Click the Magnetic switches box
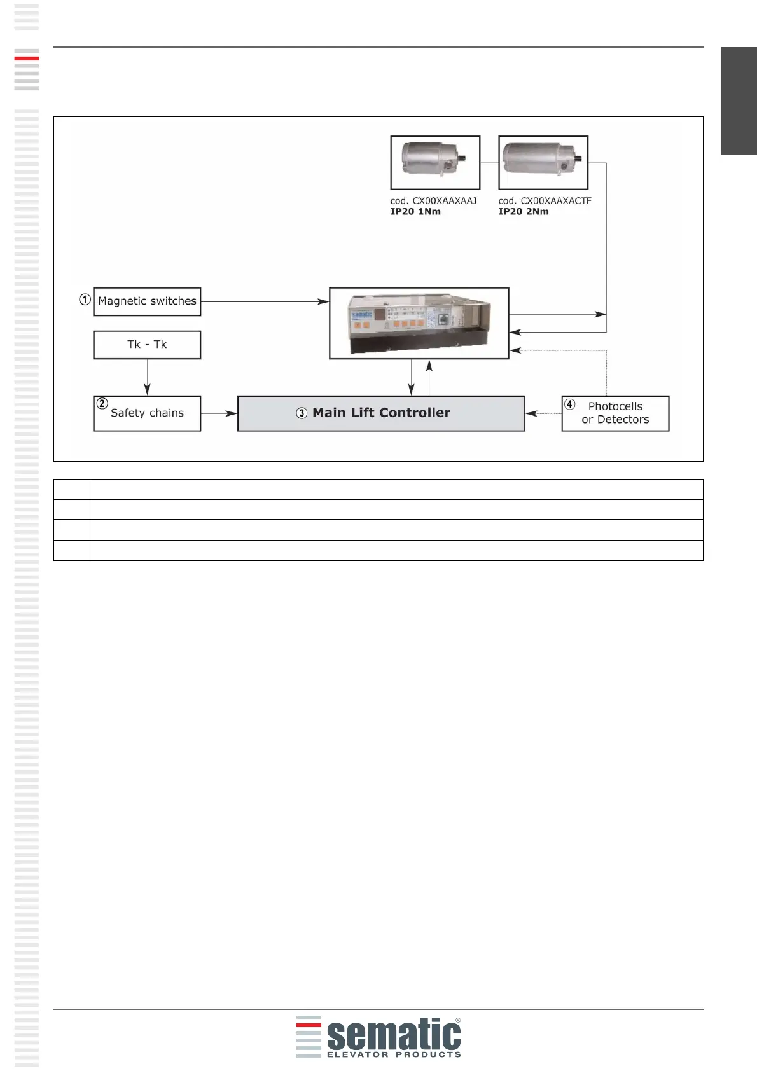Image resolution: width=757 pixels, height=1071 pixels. click(147, 301)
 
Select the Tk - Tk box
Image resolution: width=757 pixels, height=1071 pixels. click(147, 345)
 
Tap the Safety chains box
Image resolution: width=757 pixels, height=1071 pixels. click(147, 413)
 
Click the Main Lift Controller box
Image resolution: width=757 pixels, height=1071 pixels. click(381, 413)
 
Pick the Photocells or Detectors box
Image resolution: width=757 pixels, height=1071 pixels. click(615, 413)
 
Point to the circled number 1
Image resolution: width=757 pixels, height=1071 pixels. click(85, 300)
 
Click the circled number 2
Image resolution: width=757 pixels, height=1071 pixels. click(102, 403)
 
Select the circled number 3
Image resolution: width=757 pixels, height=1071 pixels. click(302, 413)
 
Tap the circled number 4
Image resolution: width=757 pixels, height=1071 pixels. click(570, 404)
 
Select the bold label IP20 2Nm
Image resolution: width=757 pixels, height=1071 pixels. click(524, 212)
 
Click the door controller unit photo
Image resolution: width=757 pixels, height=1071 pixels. click(419, 323)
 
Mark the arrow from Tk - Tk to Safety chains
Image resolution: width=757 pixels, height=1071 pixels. click(147, 378)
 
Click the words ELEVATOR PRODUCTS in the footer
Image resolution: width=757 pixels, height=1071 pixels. click(394, 1054)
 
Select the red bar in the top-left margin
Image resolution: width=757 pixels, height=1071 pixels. click(27, 59)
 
